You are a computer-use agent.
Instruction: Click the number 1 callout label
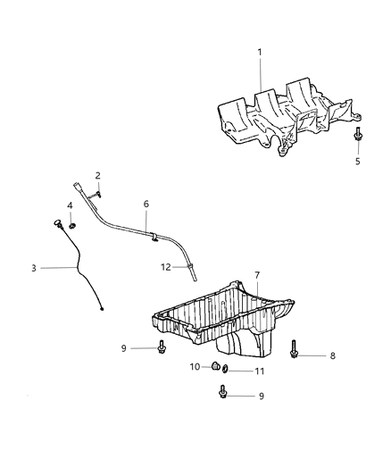pyautogui.click(x=261, y=53)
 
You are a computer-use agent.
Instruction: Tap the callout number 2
pyautogui.click(x=98, y=175)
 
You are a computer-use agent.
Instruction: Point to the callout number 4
pyautogui.click(x=71, y=206)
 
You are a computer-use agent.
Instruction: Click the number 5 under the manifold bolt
pyautogui.click(x=358, y=163)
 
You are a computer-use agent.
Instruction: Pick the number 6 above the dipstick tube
pyautogui.click(x=146, y=204)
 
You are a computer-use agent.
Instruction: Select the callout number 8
pyautogui.click(x=332, y=355)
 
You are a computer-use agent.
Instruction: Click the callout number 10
pyautogui.click(x=194, y=366)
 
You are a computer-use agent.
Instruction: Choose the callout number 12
pyautogui.click(x=164, y=267)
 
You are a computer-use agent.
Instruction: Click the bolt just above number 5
pyautogui.click(x=358, y=134)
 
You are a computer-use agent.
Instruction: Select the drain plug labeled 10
pyautogui.click(x=215, y=365)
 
